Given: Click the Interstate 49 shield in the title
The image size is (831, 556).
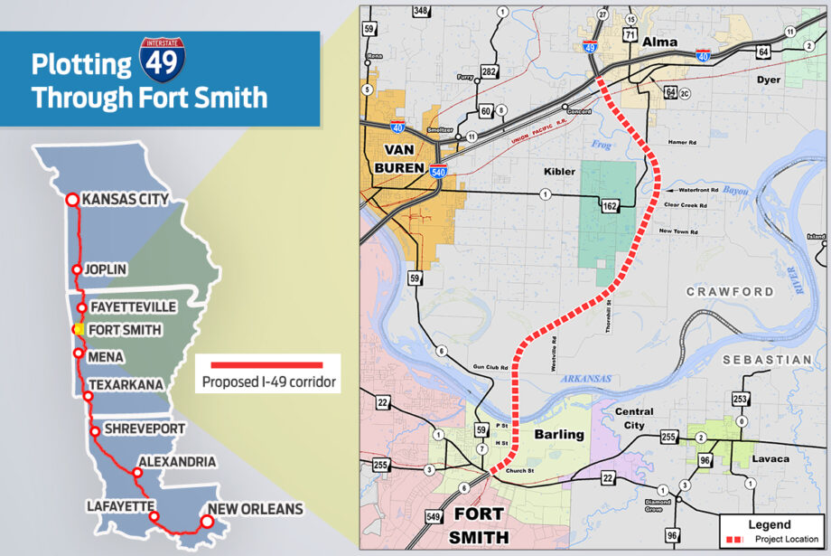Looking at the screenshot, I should click(x=162, y=56).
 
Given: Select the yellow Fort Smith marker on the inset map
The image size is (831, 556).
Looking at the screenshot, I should click(x=79, y=330).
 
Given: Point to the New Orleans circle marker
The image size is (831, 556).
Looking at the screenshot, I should click(x=206, y=522).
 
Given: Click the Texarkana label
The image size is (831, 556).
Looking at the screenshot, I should click(x=126, y=385).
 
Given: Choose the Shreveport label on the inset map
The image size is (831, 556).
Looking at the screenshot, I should click(x=145, y=428).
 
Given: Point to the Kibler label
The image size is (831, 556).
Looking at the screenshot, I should click(x=560, y=171).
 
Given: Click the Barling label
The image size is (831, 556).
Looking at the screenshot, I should click(x=559, y=434).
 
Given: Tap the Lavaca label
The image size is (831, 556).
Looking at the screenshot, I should click(x=769, y=459).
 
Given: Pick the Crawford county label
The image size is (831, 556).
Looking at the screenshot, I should click(x=730, y=291).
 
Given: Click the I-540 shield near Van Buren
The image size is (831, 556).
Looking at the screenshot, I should click(x=438, y=171).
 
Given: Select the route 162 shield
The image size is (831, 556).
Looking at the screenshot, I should click(x=610, y=207).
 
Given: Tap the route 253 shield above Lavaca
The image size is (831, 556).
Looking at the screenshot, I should click(x=740, y=400).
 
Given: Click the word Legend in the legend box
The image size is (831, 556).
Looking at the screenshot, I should click(x=770, y=524).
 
